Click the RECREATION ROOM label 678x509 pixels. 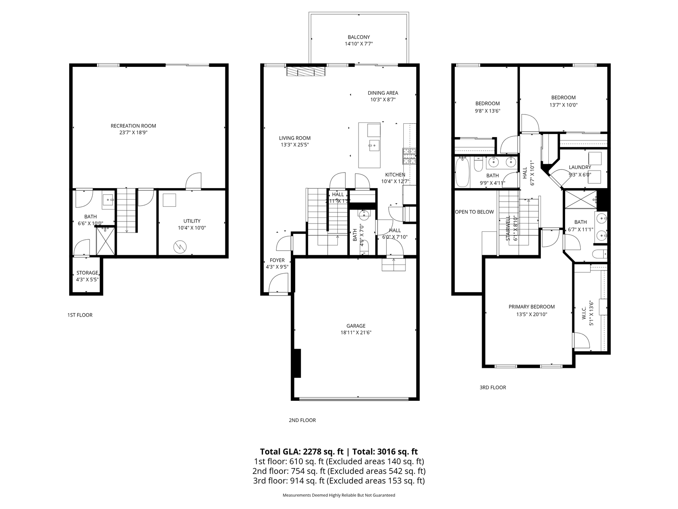133,126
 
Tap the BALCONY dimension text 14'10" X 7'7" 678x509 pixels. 358,45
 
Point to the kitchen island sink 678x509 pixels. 374,145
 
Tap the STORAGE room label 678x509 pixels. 87,273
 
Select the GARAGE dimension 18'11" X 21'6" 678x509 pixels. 356,333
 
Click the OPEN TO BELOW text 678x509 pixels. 474,212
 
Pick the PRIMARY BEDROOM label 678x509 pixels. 531,307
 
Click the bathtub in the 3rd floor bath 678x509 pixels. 462,172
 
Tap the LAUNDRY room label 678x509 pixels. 579,167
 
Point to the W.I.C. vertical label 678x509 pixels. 584,313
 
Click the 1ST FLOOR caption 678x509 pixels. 79,315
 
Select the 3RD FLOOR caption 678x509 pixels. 492,387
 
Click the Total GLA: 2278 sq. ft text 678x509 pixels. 302,452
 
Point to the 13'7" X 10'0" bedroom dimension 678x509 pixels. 563,105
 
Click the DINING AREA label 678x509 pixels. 382,93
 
